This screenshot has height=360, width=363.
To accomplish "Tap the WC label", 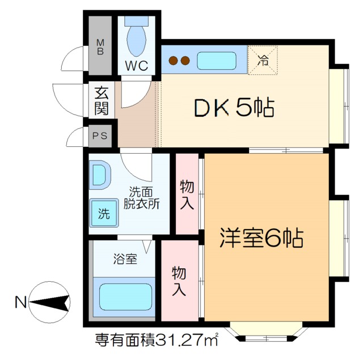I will [x=136, y=66].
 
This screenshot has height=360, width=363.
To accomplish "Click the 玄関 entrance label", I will [x=102, y=101].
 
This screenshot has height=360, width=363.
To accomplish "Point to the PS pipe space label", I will [x=100, y=135].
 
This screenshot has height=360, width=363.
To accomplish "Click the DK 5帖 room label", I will [x=234, y=107].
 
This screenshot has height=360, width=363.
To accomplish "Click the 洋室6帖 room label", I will [x=261, y=238].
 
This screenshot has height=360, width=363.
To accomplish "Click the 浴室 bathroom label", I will [x=126, y=260].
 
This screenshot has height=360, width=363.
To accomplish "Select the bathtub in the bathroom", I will [x=126, y=295].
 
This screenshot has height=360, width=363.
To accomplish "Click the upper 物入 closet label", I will [x=187, y=194].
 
